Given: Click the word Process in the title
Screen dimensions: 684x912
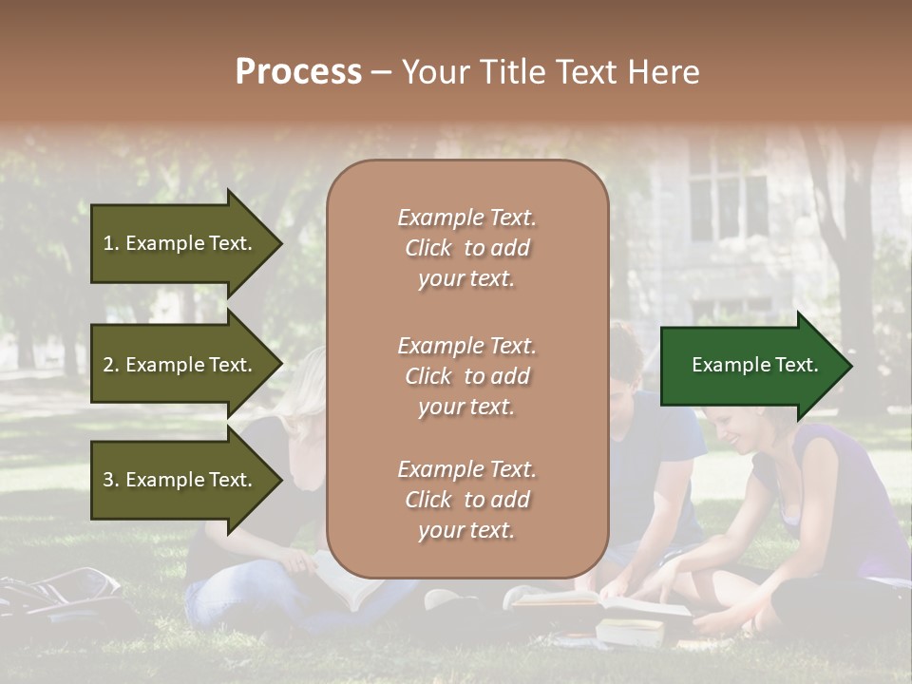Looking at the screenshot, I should click(298, 72).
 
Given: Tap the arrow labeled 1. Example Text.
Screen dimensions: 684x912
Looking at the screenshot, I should click(180, 243).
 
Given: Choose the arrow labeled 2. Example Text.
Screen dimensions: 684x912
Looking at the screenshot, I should click(180, 365).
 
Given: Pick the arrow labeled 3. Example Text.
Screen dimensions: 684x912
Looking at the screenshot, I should click(180, 480).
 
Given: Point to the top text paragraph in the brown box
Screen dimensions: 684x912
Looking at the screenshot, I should click(466, 248).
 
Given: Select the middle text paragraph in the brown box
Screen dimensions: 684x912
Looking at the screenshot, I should click(466, 376).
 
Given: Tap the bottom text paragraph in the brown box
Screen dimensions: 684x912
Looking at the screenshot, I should click(466, 500).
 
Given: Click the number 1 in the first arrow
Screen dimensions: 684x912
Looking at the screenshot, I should click(108, 243).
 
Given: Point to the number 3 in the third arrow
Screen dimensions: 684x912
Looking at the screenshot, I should click(108, 480).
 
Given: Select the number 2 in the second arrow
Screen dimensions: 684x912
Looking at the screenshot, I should click(108, 365).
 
